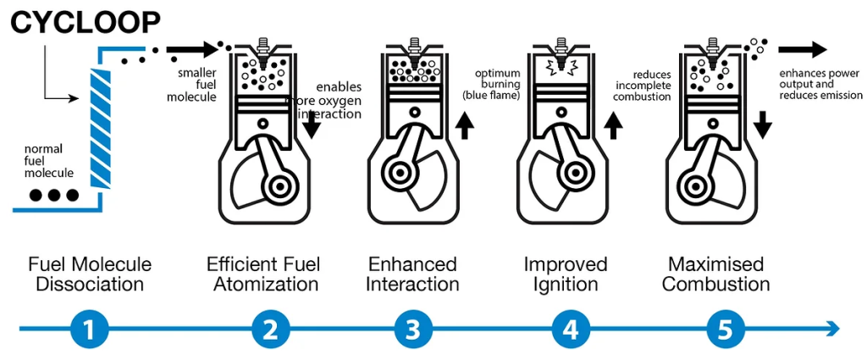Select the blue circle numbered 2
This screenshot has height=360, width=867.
[269, 329]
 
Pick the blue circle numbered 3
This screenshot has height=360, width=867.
[412, 329]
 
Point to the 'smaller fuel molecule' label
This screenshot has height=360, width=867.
[197, 85]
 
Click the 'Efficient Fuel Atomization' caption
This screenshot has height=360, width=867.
[262, 274]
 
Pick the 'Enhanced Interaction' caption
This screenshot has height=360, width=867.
[412, 274]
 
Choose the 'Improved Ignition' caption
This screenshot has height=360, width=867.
[566, 274]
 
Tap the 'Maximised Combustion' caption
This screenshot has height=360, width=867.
[715, 274]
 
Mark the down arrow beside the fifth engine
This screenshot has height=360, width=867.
[762, 125]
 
